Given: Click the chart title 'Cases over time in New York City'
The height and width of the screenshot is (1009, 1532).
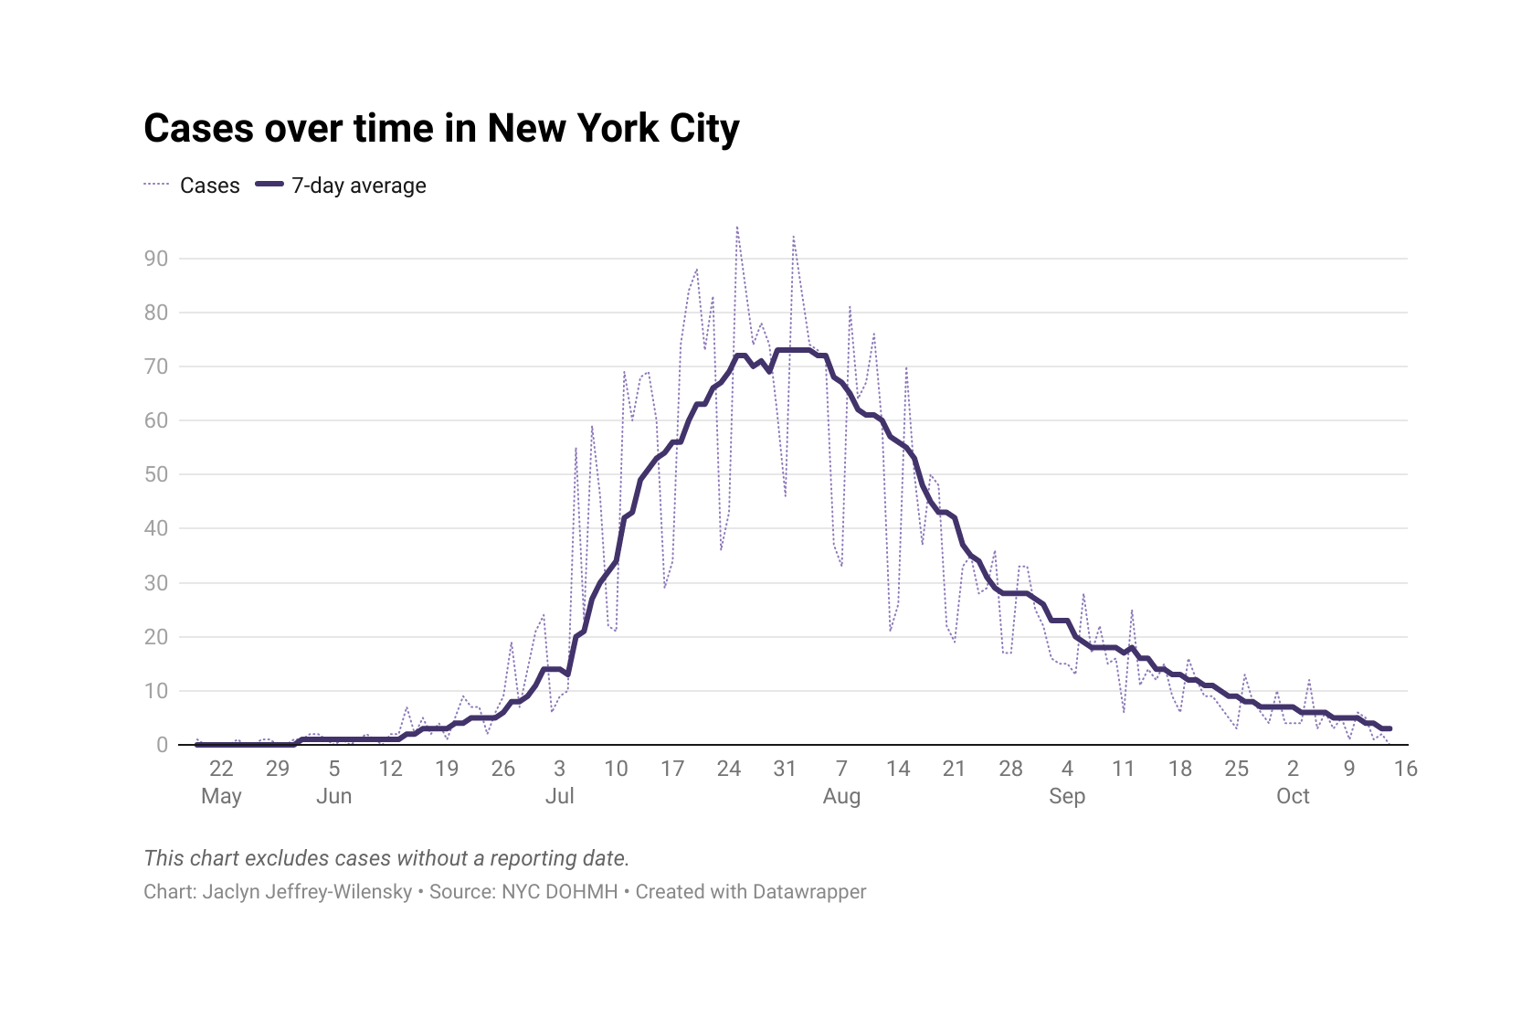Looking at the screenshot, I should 441,129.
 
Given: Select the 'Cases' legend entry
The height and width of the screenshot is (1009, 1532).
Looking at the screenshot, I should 209,186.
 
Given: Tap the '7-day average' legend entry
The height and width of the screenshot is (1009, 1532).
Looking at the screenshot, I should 358,186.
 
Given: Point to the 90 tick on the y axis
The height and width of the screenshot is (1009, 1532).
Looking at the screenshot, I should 156,259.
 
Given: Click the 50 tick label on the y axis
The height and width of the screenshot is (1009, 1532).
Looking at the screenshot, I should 156,474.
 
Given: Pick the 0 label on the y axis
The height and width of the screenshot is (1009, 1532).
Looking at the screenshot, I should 162,745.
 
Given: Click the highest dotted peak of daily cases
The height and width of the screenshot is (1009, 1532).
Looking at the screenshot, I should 736,227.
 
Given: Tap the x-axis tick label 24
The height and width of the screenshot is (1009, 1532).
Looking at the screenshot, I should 728,769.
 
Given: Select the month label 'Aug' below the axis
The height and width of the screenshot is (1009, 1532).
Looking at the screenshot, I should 841,796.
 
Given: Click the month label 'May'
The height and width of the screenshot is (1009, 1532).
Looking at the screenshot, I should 221,796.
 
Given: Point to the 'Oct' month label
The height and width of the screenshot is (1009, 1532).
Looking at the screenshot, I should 1293,796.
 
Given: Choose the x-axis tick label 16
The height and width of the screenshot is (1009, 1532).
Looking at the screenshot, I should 1405,769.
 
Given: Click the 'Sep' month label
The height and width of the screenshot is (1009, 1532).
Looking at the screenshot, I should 1067,796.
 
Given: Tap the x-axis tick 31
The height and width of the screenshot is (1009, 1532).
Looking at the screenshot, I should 785,769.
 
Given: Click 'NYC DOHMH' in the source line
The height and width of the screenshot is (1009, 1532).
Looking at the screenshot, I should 560,892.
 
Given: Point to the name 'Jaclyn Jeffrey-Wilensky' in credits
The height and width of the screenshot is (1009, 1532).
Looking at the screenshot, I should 307,892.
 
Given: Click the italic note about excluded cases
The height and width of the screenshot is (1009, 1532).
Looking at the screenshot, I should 386,858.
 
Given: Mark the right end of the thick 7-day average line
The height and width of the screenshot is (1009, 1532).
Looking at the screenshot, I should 1389,728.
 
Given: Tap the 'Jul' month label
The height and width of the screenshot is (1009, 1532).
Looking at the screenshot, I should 559,796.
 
